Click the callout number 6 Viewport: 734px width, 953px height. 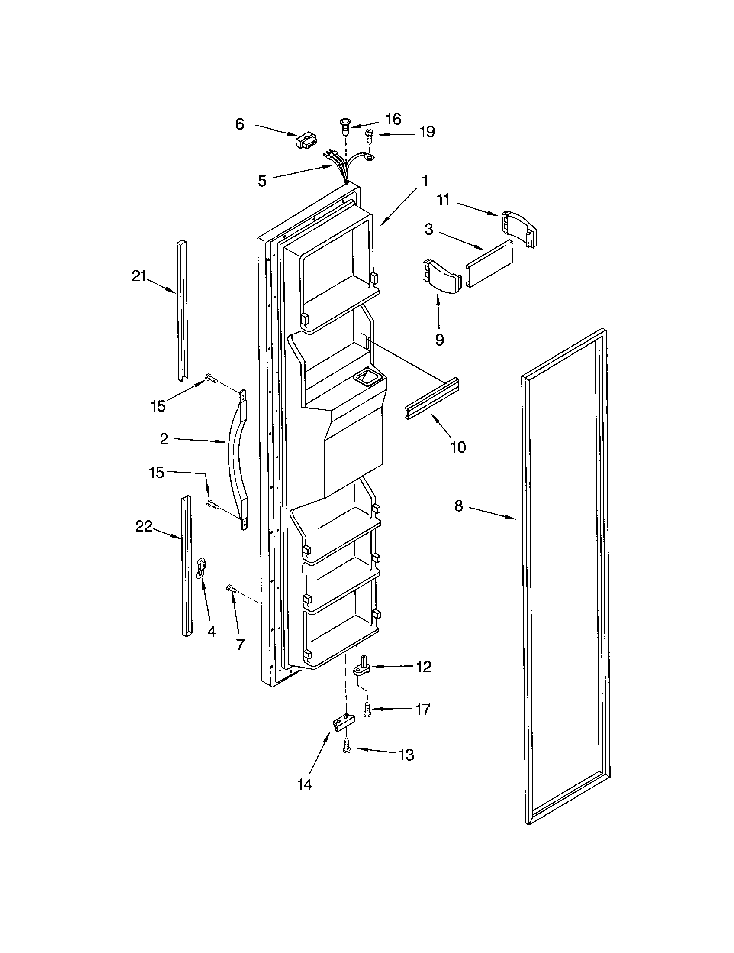[x=240, y=124]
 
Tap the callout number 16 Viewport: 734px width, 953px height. [x=393, y=119]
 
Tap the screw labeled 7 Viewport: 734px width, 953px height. [x=232, y=590]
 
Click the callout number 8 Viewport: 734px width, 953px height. [x=458, y=506]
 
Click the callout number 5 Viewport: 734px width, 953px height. [x=262, y=181]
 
